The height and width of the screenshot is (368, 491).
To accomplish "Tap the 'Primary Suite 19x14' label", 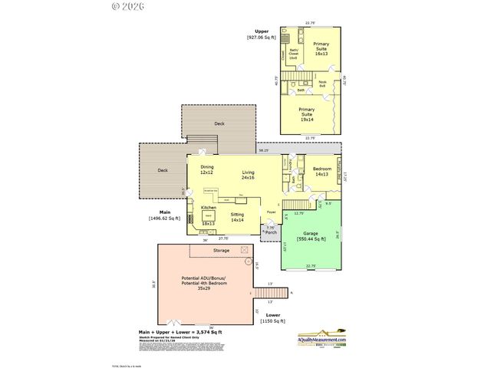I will pyautogui.click(x=306, y=113).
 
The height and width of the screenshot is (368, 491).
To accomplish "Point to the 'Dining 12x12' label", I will pyautogui.click(x=207, y=169).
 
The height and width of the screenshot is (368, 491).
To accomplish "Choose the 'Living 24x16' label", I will pyautogui.click(x=248, y=175).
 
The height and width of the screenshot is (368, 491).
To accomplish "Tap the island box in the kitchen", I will pyautogui.click(x=206, y=218).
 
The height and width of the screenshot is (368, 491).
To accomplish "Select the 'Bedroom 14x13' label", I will pyautogui.click(x=322, y=171).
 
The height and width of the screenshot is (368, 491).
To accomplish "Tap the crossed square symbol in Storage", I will pyautogui.click(x=245, y=250).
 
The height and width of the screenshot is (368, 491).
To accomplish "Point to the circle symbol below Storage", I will pyautogui.click(x=249, y=261).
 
